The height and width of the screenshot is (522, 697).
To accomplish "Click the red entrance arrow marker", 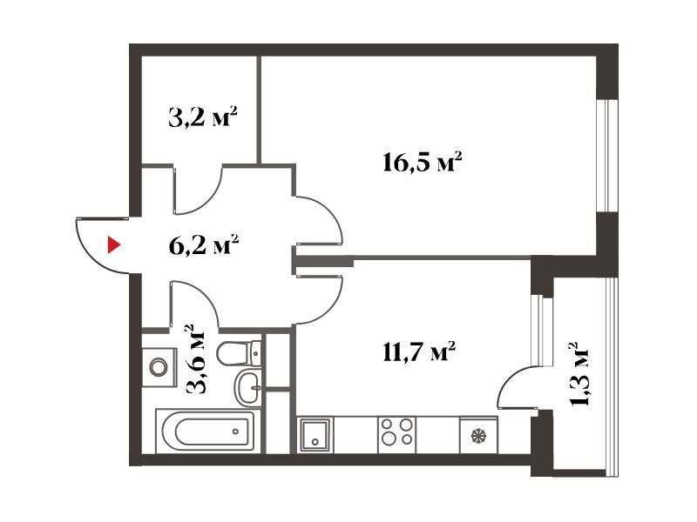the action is pos(114,245).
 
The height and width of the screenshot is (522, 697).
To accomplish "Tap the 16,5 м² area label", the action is pos(422,163).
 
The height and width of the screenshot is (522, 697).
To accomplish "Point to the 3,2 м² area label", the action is pos(203,117).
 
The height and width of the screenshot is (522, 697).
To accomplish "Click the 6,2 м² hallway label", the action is pos(204,245).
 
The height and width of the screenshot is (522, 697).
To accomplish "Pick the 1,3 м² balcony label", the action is pos(579,374).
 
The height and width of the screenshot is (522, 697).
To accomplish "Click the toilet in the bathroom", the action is pos(239,354).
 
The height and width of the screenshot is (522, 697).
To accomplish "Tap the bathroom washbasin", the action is pos(248,388).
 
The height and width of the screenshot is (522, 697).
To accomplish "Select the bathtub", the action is pos(208,431).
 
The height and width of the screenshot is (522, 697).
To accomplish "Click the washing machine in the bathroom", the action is pos(159,367).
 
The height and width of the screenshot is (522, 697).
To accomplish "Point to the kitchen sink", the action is pos(315,434).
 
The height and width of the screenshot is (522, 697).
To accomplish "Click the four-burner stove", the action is pos(396,432).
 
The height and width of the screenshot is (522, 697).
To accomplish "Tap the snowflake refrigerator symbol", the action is pos(478,436).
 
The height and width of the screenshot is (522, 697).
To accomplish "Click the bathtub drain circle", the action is pos(235,431).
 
